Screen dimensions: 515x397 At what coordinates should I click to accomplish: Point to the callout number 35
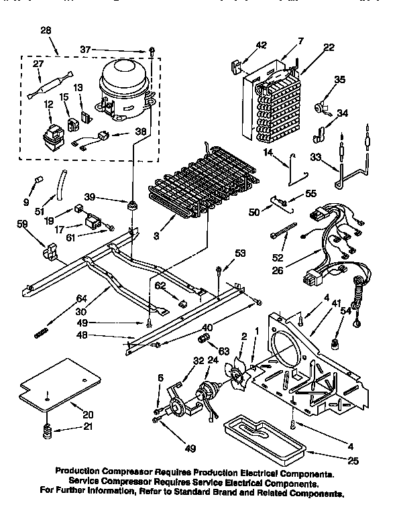(339, 79)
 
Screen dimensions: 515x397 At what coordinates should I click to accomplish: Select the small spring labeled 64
(42, 331)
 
